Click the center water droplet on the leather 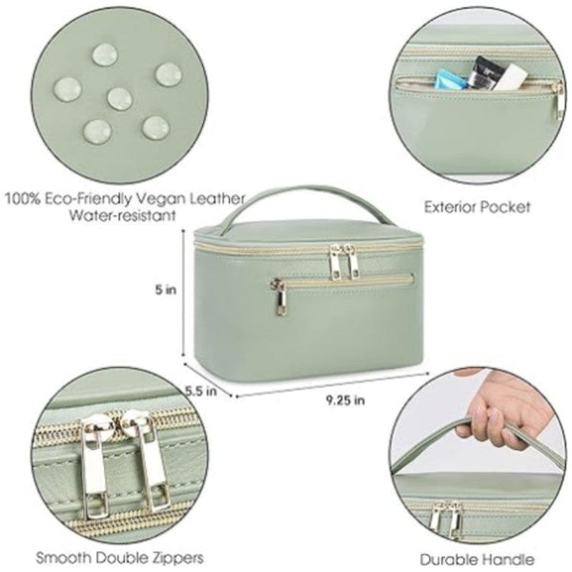click(x=118, y=96)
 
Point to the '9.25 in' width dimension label click(x=344, y=400)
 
